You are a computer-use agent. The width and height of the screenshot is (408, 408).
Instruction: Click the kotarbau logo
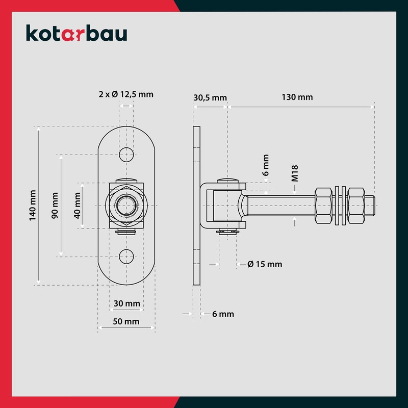tap(76, 34)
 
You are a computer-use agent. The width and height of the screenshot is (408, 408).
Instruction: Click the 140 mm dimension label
tap(33, 206)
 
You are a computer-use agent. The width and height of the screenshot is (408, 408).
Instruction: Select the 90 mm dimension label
tap(55, 206)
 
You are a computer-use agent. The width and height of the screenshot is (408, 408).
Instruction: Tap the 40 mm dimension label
tap(79, 206)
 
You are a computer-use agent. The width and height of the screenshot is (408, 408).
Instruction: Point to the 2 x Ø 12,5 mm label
tap(125, 94)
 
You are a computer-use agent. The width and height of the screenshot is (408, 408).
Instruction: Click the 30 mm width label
tap(126, 303)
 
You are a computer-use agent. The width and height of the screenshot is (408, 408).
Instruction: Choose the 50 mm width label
tap(126, 321)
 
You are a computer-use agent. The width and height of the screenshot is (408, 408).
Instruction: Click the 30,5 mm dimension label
tap(210, 97)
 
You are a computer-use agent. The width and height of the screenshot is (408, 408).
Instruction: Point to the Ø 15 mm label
tap(265, 264)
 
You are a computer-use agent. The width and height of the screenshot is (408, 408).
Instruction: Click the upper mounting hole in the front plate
tap(125, 154)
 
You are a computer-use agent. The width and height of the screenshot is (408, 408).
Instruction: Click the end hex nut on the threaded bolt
tap(357, 207)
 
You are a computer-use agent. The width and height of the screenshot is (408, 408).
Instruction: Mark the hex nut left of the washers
tap(325, 207)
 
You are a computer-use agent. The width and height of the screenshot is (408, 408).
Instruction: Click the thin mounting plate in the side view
tap(196, 204)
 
